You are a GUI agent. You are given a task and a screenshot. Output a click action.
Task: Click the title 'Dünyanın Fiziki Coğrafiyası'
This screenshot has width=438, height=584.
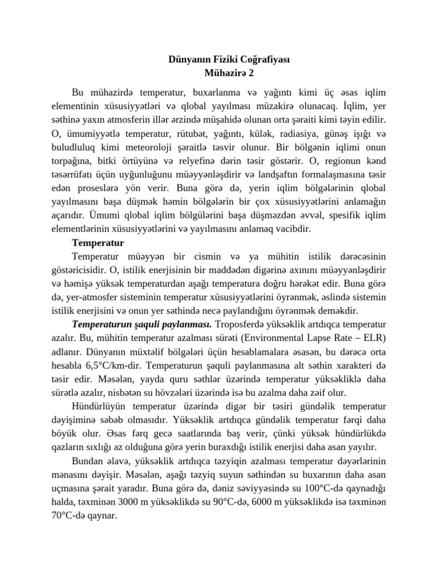[x=229, y=59]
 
